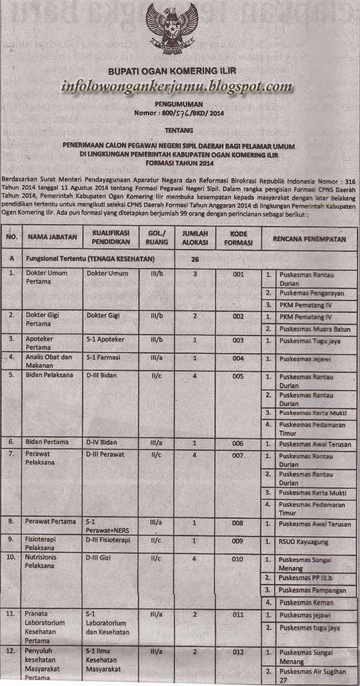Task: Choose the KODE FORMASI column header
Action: (238, 240)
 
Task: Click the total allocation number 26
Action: (194, 259)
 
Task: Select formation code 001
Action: (238, 274)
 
